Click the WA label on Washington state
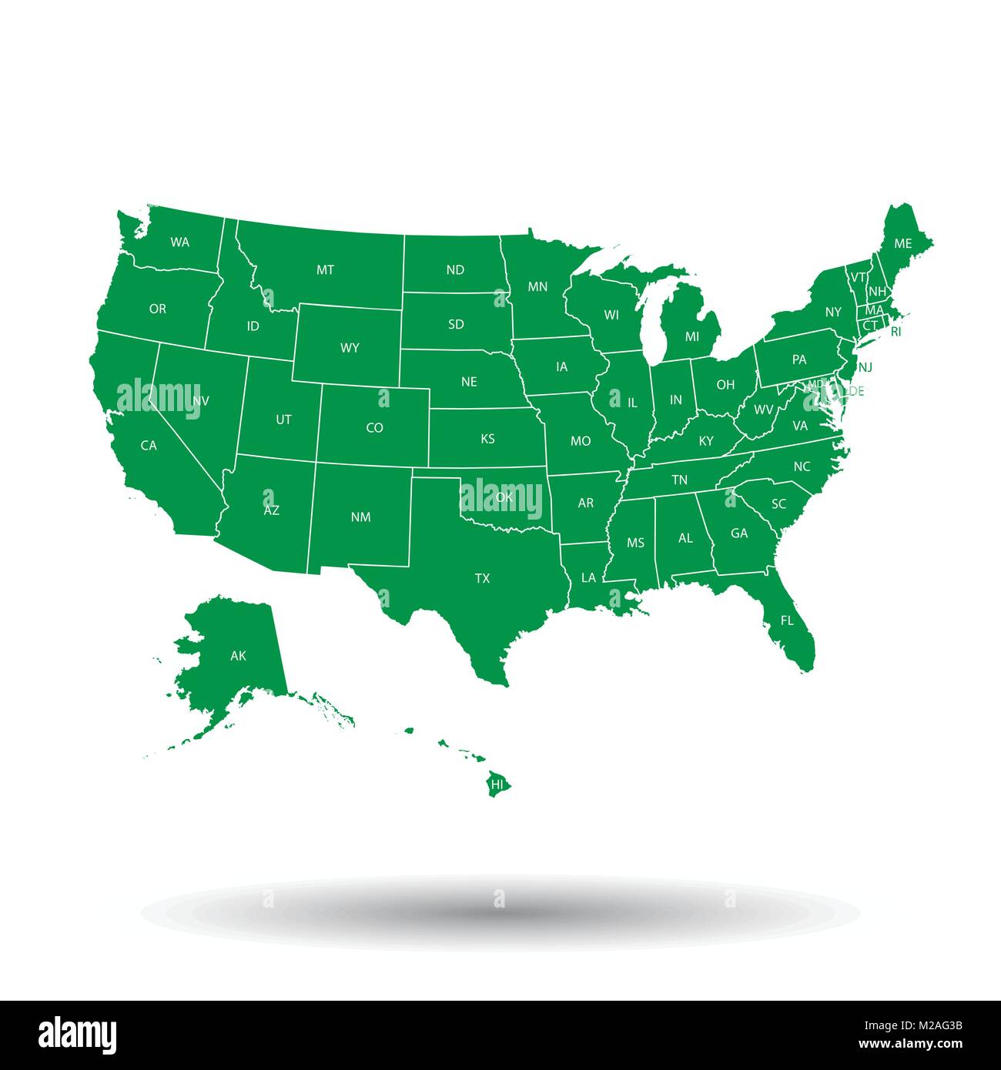pos(179,242)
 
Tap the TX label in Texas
pos(482,578)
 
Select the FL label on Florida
pos(786,620)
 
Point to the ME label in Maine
pos(902,243)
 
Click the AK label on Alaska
pos(238,656)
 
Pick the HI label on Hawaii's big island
pos(497,784)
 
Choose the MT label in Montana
pos(325,270)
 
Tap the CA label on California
pos(149,445)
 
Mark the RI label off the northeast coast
pos(896,333)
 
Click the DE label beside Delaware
pos(855,391)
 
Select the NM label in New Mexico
pos(360,517)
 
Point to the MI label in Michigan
pos(692,336)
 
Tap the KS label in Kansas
pos(487,440)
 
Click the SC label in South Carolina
pos(778,504)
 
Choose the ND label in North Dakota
pos(455,270)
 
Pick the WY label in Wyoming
pos(350,348)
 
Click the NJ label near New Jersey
pos(865,367)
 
